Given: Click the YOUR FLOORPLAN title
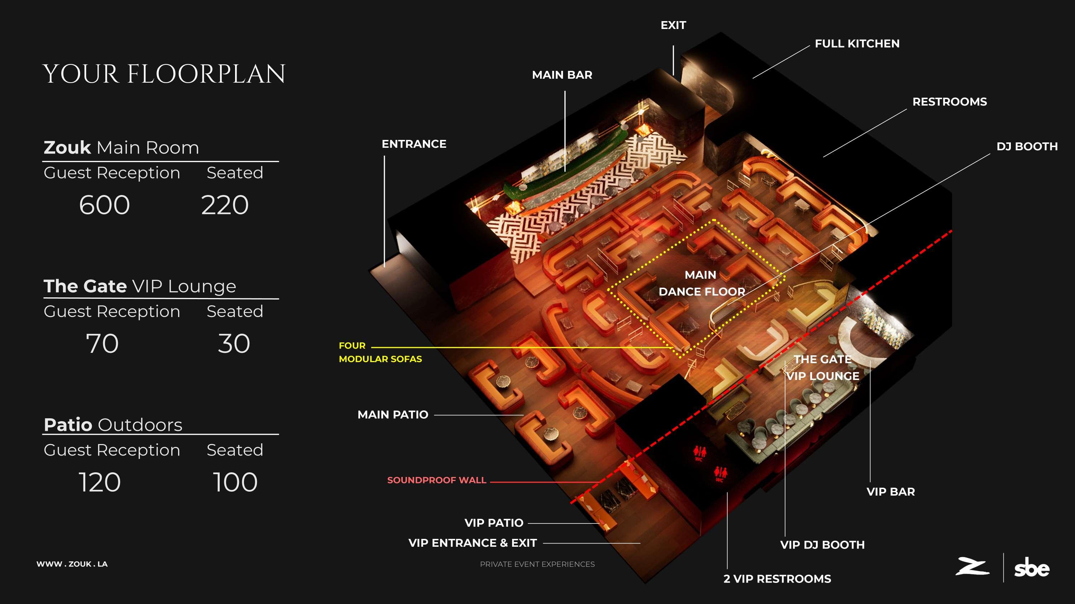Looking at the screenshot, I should tap(164, 74).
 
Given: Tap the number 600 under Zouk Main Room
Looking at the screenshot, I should tap(104, 205).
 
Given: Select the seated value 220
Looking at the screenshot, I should tap(225, 205).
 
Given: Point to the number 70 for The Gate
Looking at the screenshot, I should tap(102, 344).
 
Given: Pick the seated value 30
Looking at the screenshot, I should tap(234, 344).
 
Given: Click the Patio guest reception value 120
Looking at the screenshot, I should tap(100, 482).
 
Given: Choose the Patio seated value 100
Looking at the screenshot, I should tap(235, 482).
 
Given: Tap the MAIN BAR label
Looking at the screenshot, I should tap(562, 75).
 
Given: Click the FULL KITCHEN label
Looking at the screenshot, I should tap(857, 44).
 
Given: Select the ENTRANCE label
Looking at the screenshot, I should tap(414, 144).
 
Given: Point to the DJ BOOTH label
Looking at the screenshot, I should tap(1027, 147).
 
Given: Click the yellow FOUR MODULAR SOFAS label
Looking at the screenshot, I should tap(380, 352).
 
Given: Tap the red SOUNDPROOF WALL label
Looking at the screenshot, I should tap(436, 480).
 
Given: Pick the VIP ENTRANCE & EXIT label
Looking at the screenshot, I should tap(472, 543).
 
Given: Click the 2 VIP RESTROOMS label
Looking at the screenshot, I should tap(777, 579).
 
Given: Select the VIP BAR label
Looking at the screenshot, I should tap(890, 492).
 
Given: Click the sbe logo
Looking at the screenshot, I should tap(1032, 568).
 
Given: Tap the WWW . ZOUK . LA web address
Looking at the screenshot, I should tap(72, 564).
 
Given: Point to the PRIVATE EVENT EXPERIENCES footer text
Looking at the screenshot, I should tap(537, 564).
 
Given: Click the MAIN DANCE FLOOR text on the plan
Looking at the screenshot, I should tap(702, 283).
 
